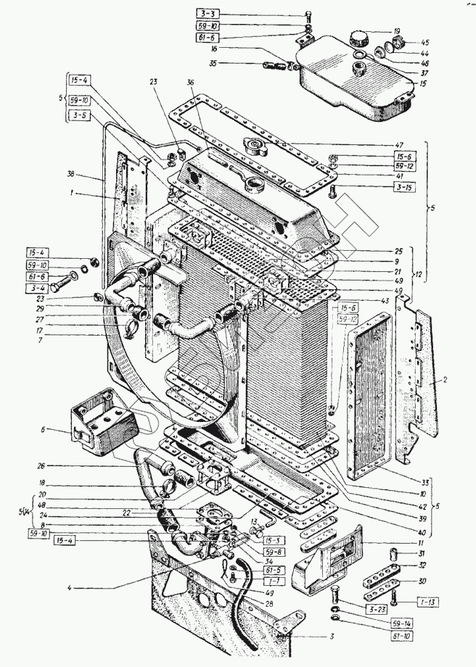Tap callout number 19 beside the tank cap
point(397,30)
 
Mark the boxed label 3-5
point(81,115)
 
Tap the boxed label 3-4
point(38,289)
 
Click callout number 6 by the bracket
point(44,430)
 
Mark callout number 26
point(43,465)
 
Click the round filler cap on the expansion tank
point(359,37)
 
